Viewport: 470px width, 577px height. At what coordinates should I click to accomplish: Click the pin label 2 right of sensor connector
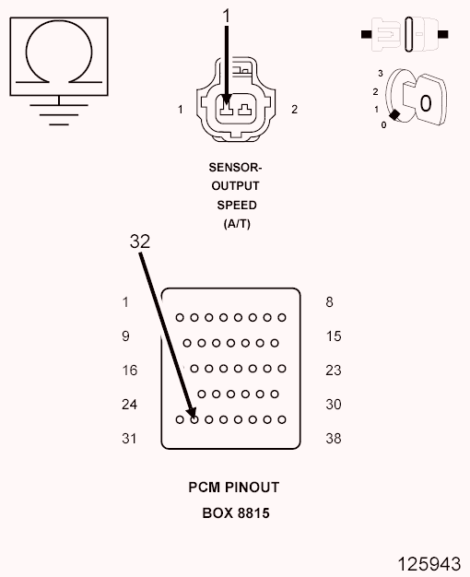[x=295, y=110]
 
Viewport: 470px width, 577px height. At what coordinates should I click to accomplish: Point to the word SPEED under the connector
[x=236, y=206]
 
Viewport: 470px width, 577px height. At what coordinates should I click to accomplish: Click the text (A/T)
[x=236, y=224]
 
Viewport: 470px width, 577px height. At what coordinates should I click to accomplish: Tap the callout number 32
[x=139, y=241]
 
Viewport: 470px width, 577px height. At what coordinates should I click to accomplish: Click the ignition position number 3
[x=379, y=72]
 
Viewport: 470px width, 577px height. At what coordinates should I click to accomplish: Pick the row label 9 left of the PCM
[x=126, y=336]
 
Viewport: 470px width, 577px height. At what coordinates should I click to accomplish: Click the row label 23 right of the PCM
[x=334, y=371]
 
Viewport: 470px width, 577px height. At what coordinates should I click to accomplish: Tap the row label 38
[x=334, y=439]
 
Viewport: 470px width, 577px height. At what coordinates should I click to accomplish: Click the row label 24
[x=129, y=405]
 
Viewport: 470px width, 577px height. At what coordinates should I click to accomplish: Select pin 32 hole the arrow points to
[x=194, y=419]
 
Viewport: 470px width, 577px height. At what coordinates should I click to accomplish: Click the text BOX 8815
[x=236, y=512]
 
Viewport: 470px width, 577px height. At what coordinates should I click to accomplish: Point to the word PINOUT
[x=253, y=487]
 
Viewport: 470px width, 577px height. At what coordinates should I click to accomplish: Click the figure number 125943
[x=429, y=562]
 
